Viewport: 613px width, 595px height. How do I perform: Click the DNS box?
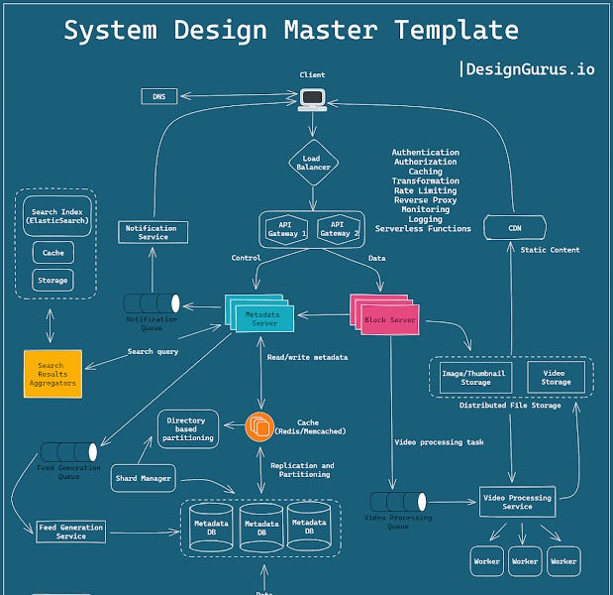click(159, 96)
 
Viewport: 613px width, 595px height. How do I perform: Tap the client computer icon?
click(313, 97)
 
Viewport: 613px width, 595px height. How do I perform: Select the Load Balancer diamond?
click(313, 162)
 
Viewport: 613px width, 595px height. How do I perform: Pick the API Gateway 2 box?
click(338, 229)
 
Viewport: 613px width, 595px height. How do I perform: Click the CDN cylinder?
click(515, 229)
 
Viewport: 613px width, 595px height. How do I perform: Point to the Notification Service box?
click(153, 232)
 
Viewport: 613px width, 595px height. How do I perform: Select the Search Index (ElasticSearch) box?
click(57, 216)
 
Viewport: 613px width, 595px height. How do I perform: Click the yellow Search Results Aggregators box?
click(51, 373)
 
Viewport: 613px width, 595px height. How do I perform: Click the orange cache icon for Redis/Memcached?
click(258, 426)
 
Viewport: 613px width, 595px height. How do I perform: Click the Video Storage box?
click(556, 377)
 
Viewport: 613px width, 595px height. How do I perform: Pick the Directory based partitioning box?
click(186, 427)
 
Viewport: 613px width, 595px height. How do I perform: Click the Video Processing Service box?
click(516, 500)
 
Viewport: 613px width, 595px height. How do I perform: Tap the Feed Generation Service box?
click(70, 531)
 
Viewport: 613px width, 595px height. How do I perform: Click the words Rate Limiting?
click(425, 190)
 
